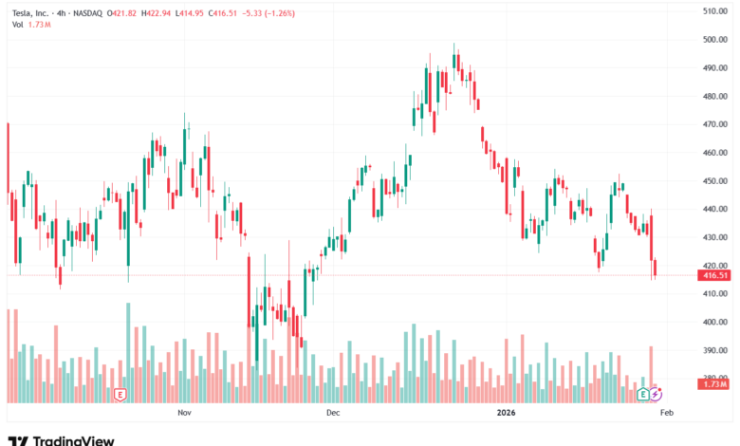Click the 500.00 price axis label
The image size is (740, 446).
point(713,39)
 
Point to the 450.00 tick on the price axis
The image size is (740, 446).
point(713,180)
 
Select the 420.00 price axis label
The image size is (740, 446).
point(713,266)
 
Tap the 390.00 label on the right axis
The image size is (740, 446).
point(713,350)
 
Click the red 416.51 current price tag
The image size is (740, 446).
point(713,275)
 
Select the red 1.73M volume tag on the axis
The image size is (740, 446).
point(713,383)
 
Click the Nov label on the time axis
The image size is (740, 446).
point(184,414)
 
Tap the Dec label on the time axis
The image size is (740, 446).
point(332,414)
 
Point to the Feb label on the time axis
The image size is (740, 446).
point(666,414)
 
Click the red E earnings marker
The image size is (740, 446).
point(120,393)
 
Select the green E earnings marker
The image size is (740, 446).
point(643,393)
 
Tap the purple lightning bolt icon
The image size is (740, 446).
point(656,393)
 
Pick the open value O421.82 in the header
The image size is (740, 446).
point(125,11)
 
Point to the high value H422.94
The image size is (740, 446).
point(167,11)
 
